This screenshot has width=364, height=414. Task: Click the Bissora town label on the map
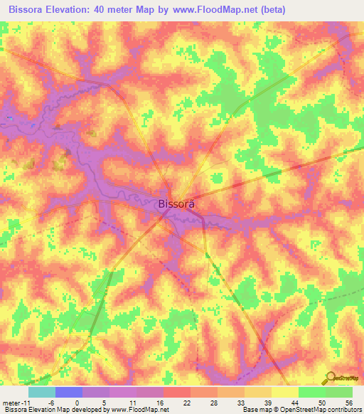coord(175,203)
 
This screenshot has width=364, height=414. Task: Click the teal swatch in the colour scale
coord(42,392)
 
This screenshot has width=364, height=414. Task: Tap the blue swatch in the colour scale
coord(69,392)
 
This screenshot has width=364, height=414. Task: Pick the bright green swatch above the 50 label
coord(311,392)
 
